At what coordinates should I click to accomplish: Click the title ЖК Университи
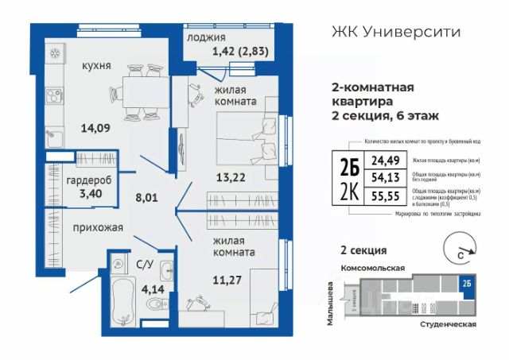(x=394, y=33)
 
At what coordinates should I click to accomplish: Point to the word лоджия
(x=206, y=37)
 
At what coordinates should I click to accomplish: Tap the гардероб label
(x=84, y=180)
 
